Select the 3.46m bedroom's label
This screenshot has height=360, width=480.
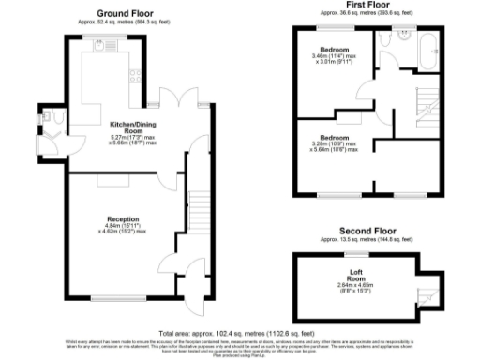pos(334,49)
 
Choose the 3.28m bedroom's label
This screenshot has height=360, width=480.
pos(334,137)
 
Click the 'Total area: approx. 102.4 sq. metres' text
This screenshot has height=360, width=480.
pos(239,333)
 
